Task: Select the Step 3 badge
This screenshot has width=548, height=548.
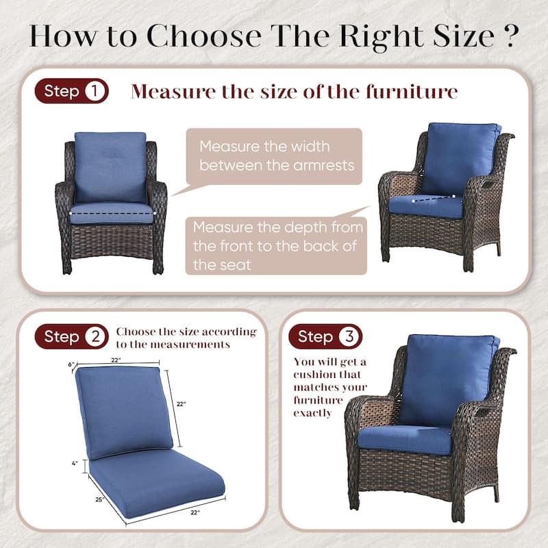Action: (x=325, y=336)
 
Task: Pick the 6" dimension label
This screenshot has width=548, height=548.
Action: (x=71, y=364)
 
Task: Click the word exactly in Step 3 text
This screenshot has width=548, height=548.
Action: (x=312, y=413)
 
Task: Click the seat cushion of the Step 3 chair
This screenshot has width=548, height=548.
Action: (x=404, y=438)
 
